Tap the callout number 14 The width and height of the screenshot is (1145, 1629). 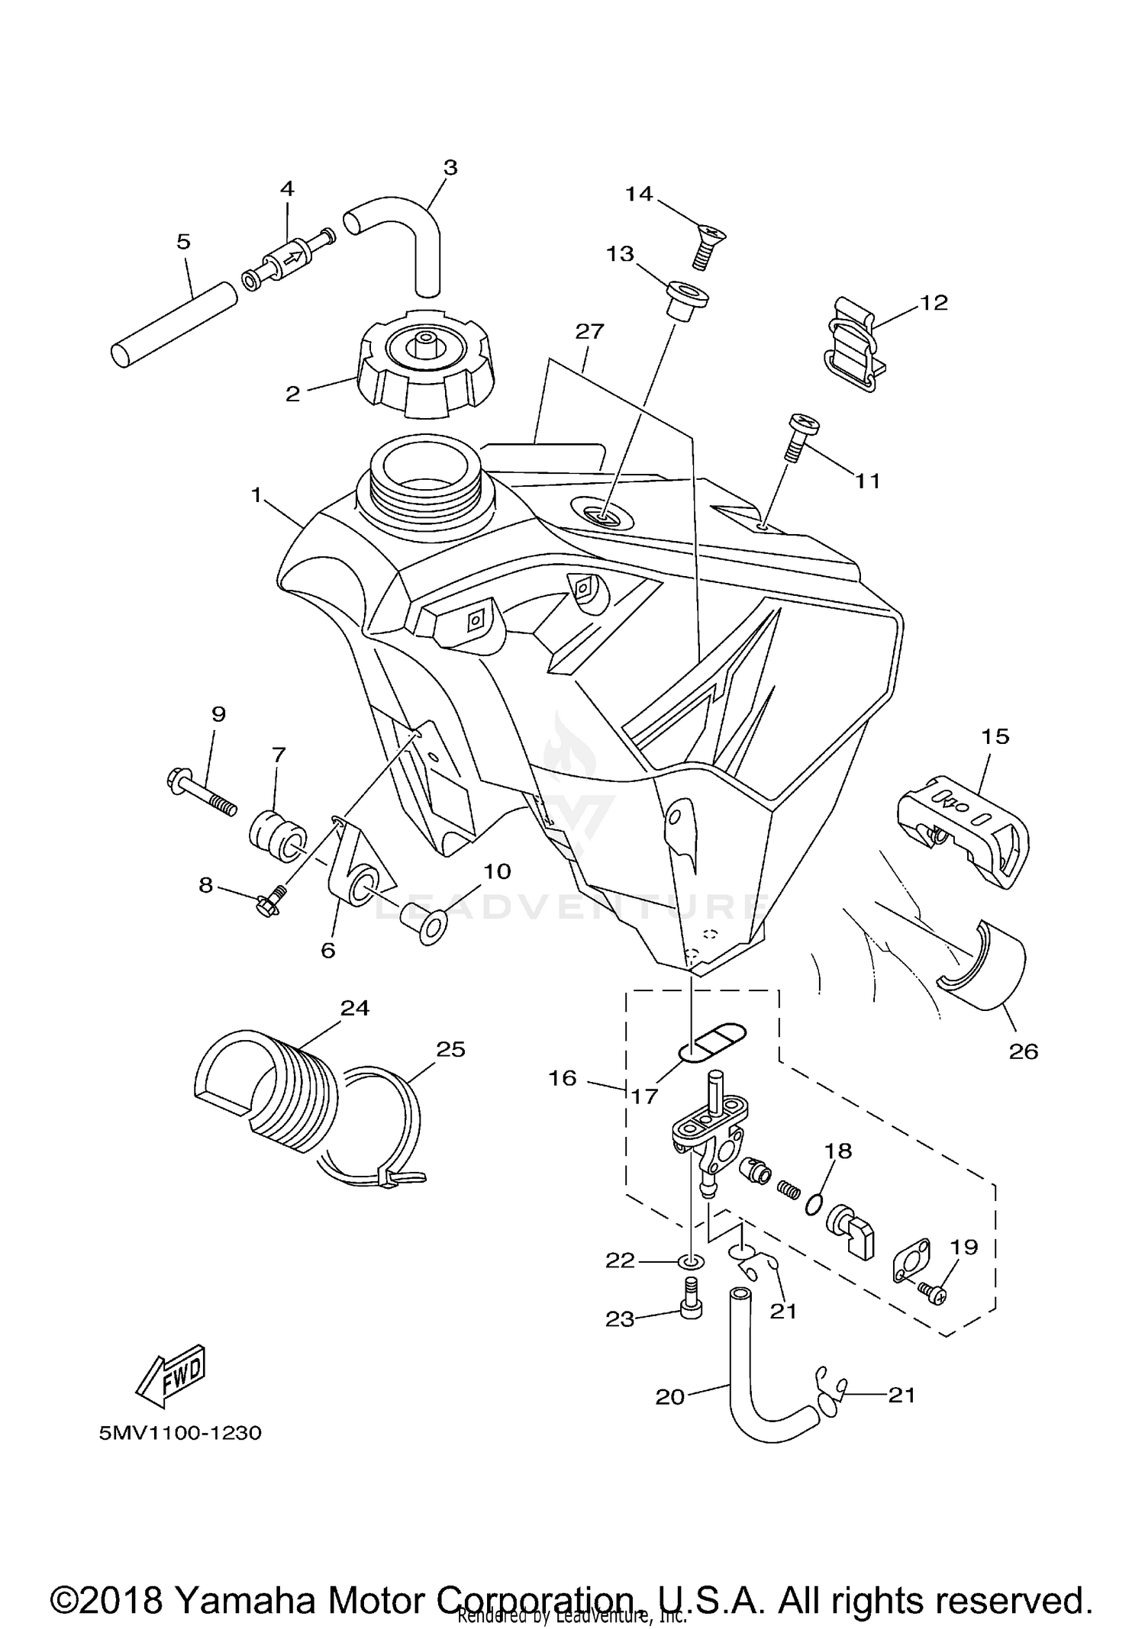(639, 195)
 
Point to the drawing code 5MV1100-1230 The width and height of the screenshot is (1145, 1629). (180, 1433)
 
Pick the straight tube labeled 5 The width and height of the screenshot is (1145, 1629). (173, 324)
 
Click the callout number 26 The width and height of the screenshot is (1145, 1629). (1023, 1051)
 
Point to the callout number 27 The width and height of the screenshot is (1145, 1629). (590, 331)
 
